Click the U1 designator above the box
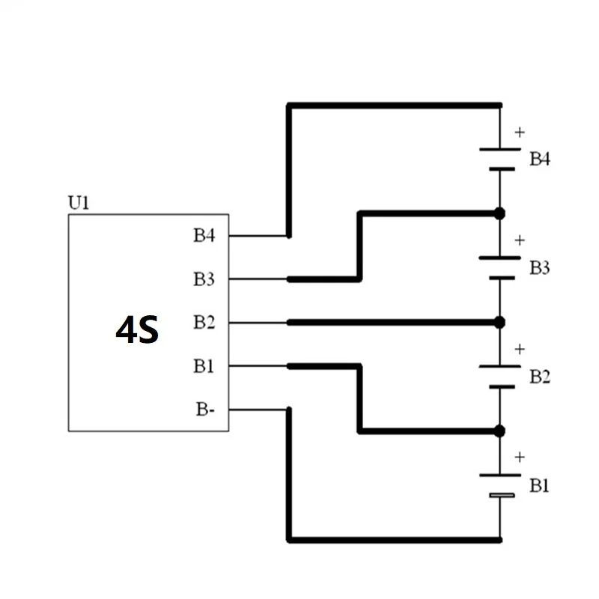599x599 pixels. coord(79,204)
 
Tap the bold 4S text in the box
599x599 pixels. coord(137,329)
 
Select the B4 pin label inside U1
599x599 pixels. coord(204,236)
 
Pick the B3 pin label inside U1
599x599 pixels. coord(204,279)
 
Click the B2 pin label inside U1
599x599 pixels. coord(204,323)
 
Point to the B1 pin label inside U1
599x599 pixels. coord(204,366)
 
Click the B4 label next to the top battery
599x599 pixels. coord(541,159)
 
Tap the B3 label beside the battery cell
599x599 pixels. coord(541,267)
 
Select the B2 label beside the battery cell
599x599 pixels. coord(541,376)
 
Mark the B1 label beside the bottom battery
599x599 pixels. coord(541,485)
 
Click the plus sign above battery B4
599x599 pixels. coord(520,133)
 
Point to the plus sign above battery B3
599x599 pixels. coord(520,240)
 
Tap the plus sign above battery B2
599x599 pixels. coord(520,349)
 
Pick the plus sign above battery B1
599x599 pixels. coord(520,457)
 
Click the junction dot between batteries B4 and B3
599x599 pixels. coord(499,213)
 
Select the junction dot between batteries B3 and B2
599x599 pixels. coord(499,322)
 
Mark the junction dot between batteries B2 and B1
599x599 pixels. coord(499,431)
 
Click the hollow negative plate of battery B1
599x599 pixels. coord(499,496)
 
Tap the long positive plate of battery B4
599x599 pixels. coord(499,148)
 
